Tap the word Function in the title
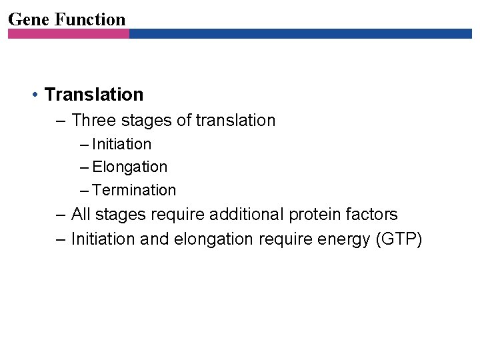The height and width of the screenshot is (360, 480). pos(90,19)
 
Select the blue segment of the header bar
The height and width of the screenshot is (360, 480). pos(300,33)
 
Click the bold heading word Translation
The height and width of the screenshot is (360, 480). pos(94,95)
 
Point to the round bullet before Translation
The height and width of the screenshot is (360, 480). pos(34,95)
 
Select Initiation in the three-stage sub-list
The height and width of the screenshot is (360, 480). pos(122,144)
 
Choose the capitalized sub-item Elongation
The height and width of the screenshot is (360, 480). pos(130,167)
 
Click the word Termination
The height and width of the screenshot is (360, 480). pos(135,190)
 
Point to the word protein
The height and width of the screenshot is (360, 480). pos(317,215)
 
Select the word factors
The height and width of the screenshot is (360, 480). pos(373,215)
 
